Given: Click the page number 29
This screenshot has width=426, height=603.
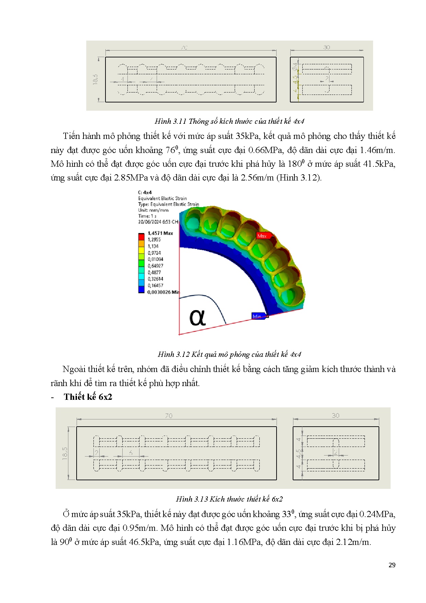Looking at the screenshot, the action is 392,565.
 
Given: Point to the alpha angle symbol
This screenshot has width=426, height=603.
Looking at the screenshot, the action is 198,317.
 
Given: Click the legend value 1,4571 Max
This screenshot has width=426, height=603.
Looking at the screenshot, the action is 160,233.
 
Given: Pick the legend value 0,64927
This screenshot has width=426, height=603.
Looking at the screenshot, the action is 155,266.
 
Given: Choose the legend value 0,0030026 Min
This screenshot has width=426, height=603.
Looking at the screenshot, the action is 163,292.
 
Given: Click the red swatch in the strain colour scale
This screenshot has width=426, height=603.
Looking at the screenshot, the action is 141,236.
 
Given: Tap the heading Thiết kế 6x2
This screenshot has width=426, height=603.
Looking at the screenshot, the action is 88,397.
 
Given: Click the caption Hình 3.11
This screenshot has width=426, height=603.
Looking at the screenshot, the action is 170,121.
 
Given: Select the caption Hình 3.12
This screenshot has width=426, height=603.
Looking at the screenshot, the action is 173,354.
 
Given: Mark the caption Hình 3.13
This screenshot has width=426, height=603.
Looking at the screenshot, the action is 192,499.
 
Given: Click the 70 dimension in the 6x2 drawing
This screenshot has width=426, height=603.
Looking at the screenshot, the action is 169,416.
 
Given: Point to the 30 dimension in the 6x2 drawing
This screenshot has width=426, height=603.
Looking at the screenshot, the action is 336,415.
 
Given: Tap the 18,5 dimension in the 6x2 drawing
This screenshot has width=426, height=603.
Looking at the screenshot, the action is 65,453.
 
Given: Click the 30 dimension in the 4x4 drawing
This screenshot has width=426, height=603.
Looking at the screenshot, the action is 326,47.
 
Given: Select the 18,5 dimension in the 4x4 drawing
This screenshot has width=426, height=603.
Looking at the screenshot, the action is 95,79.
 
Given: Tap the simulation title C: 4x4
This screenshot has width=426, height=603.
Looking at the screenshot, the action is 145,193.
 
